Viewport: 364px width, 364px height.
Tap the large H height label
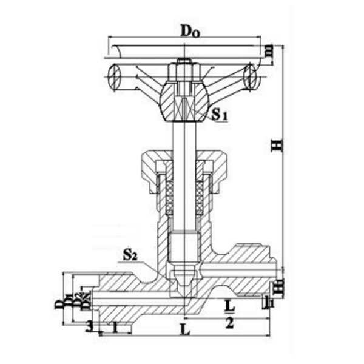tap(277, 144)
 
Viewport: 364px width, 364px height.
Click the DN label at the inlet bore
tap(86, 302)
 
